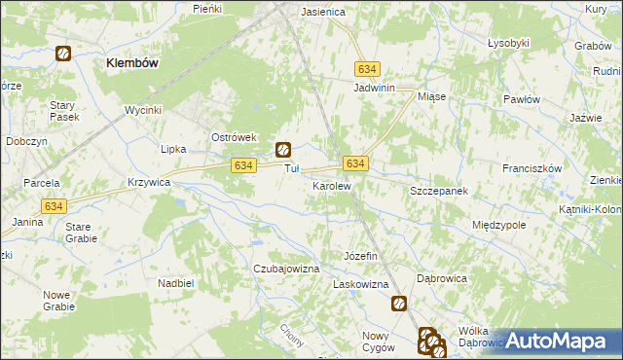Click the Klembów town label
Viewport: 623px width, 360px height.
click(x=132, y=61)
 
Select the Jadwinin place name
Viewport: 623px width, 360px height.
click(x=373, y=88)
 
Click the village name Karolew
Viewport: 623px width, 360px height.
click(x=331, y=184)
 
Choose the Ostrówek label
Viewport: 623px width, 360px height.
click(x=234, y=137)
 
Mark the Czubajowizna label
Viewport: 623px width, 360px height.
click(x=287, y=268)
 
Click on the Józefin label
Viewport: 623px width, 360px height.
click(x=360, y=255)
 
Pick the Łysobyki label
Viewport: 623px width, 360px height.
click(x=508, y=43)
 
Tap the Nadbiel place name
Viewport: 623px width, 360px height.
click(x=176, y=282)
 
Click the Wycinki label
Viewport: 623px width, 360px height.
click(x=142, y=110)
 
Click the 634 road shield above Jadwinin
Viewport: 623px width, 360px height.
click(x=367, y=70)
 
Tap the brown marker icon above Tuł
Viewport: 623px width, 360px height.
click(x=282, y=150)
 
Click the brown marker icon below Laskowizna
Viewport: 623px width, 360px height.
click(x=399, y=304)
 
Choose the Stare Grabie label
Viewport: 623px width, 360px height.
click(x=79, y=233)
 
